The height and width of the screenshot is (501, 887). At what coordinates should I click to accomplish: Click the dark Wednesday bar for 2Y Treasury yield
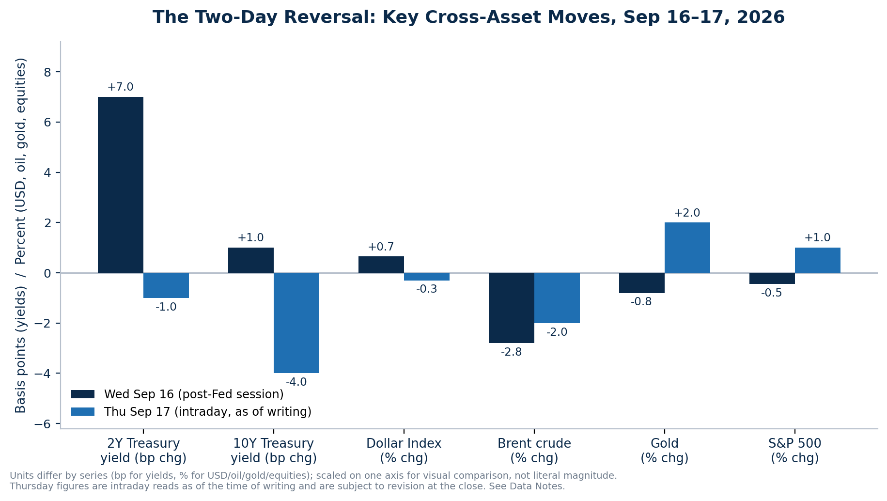pyautogui.click(x=121, y=185)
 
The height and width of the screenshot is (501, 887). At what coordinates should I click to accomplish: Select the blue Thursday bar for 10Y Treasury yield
pyautogui.click(x=296, y=323)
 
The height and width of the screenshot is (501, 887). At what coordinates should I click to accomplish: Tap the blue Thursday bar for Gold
pyautogui.click(x=687, y=248)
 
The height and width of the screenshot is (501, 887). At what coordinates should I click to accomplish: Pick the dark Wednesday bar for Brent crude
pyautogui.click(x=512, y=308)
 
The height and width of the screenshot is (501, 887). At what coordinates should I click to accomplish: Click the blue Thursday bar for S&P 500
pyautogui.click(x=818, y=260)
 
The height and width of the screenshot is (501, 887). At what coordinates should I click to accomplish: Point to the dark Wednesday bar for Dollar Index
pyautogui.click(x=381, y=265)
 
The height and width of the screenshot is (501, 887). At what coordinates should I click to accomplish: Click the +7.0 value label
pyautogui.click(x=120, y=87)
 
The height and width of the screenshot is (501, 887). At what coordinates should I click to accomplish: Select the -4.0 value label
pyautogui.click(x=296, y=382)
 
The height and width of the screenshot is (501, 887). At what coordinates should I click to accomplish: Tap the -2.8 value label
pyautogui.click(x=512, y=352)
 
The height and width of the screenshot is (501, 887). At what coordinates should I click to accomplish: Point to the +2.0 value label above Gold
pyautogui.click(x=687, y=213)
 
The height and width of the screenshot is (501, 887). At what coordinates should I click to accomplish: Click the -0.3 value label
pyautogui.click(x=427, y=289)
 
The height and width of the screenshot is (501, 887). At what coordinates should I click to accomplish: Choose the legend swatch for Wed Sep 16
pyautogui.click(x=83, y=394)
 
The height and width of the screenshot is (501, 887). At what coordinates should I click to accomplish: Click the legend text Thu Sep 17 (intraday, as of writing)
pyautogui.click(x=208, y=412)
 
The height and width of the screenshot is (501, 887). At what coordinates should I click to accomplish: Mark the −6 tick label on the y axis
pyautogui.click(x=43, y=424)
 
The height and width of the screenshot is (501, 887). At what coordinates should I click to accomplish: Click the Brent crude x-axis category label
pyautogui.click(x=534, y=451)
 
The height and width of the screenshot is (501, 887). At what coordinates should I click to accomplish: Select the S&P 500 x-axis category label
pyautogui.click(x=795, y=451)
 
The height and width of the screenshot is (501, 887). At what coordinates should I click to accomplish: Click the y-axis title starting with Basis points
pyautogui.click(x=20, y=235)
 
